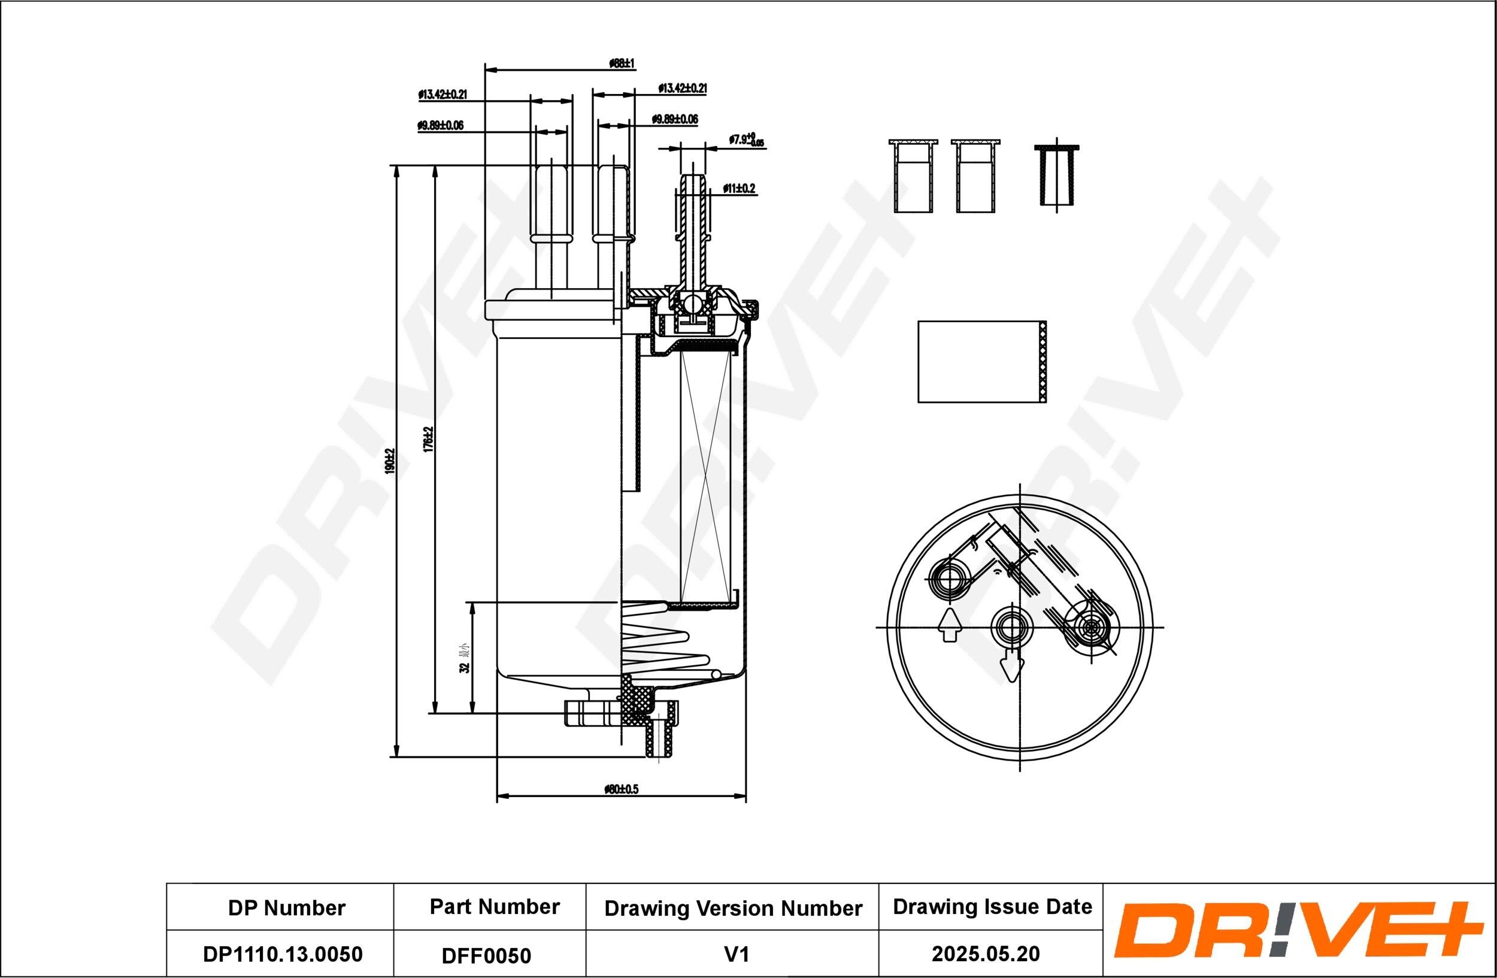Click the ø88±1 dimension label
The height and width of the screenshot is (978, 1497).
tap(622, 63)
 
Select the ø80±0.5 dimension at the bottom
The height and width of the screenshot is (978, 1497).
tap(621, 789)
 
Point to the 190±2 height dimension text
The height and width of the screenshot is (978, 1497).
tap(389, 461)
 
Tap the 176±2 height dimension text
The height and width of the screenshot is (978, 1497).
tap(428, 439)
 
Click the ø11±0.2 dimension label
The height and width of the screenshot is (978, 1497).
tap(739, 188)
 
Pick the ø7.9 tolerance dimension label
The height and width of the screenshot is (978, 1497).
tap(746, 140)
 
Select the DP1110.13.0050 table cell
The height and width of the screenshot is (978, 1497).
tap(283, 953)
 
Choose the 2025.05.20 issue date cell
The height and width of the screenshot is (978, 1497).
tap(986, 953)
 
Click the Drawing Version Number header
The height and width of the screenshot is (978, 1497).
tap(733, 908)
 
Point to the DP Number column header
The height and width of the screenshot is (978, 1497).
tap(286, 907)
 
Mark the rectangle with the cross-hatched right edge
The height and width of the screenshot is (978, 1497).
tap(982, 362)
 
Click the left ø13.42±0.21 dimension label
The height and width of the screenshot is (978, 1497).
tap(443, 95)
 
